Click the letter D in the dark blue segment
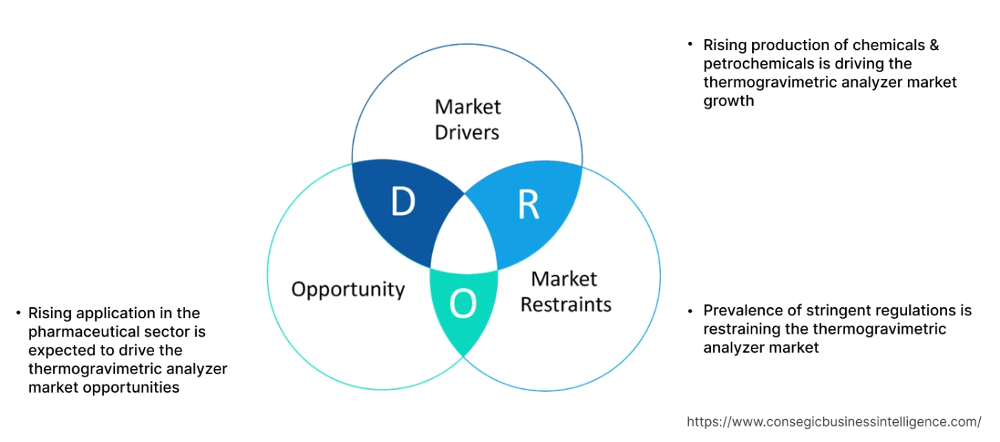pos(403,203)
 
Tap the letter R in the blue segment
pos(528,206)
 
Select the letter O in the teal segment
pos(463,304)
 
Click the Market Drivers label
pos(467,119)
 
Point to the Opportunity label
pos(348,289)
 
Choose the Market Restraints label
pos(566,292)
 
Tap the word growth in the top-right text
pos(729,101)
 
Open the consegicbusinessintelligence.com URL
pos(834,422)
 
